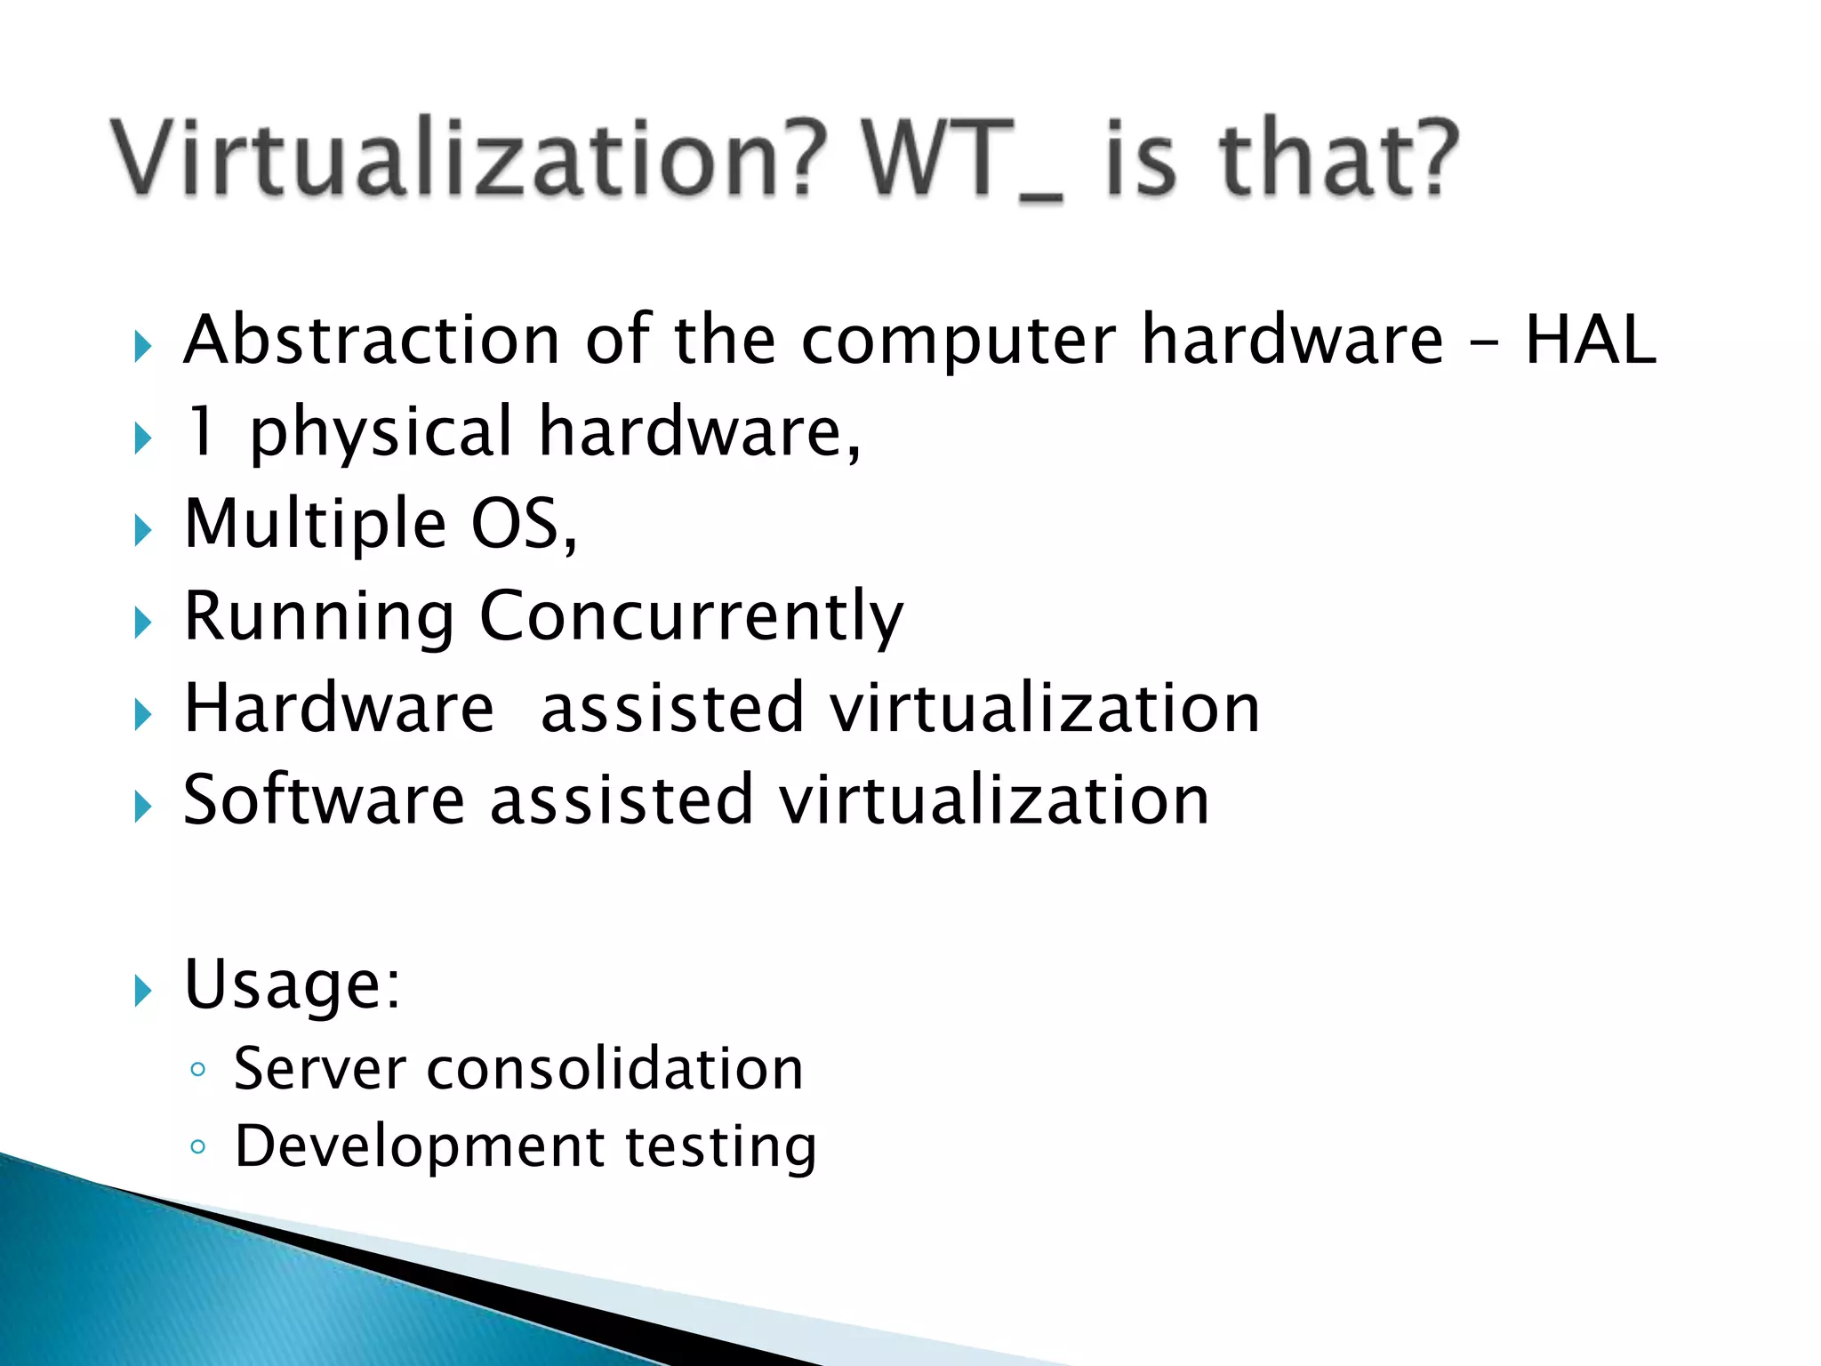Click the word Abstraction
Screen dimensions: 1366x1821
372,340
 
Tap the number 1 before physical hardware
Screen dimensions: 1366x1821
203,430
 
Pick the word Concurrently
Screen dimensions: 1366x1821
691,617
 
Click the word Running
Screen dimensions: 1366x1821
318,617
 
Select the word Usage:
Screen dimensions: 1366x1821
292,985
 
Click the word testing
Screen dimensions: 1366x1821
721,1147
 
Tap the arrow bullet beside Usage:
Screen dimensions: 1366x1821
143,990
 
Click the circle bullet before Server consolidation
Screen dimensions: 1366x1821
197,1069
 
